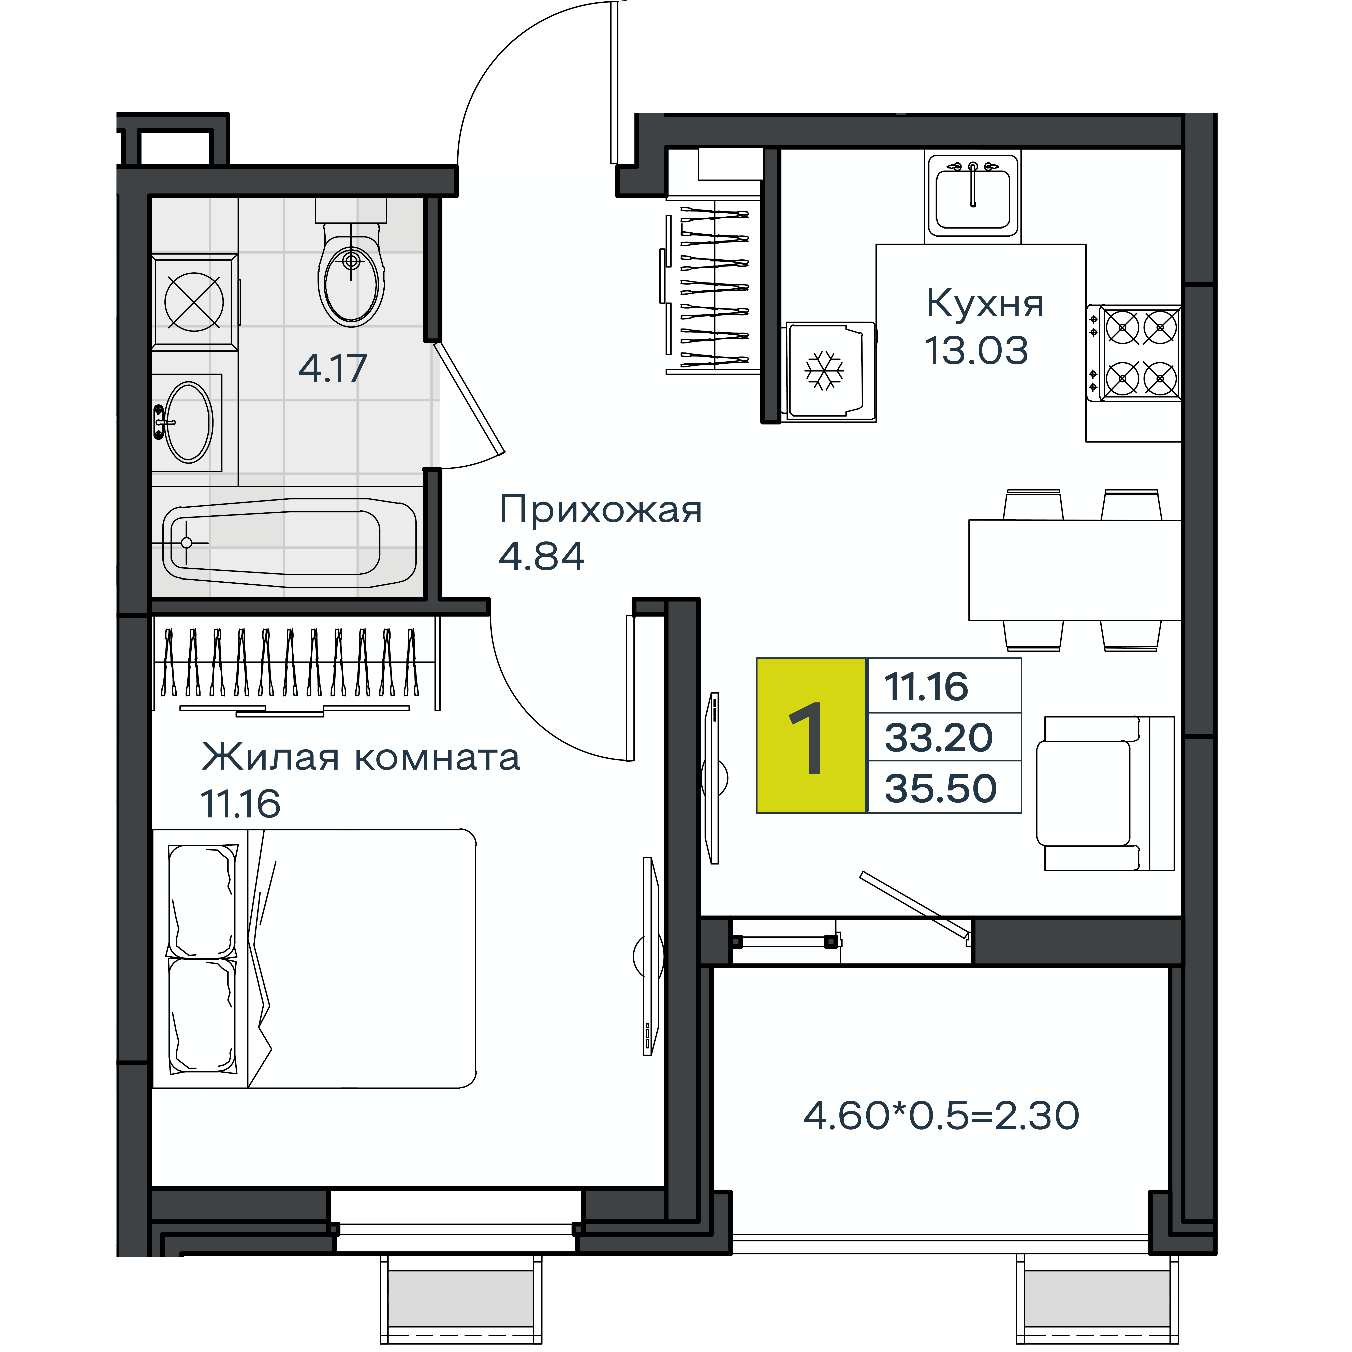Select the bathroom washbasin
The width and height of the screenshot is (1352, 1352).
pyautogui.click(x=187, y=422)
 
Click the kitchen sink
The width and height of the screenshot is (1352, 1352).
pyautogui.click(x=973, y=196)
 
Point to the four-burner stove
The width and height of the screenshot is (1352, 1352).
pyautogui.click(x=1134, y=353)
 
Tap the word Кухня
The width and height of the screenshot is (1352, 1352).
pyautogui.click(x=985, y=304)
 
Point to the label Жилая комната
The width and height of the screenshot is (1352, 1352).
pyautogui.click(x=360, y=756)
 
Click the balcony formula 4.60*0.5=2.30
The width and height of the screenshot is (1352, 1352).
pyautogui.click(x=941, y=1116)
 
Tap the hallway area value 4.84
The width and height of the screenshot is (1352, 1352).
pyautogui.click(x=541, y=556)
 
